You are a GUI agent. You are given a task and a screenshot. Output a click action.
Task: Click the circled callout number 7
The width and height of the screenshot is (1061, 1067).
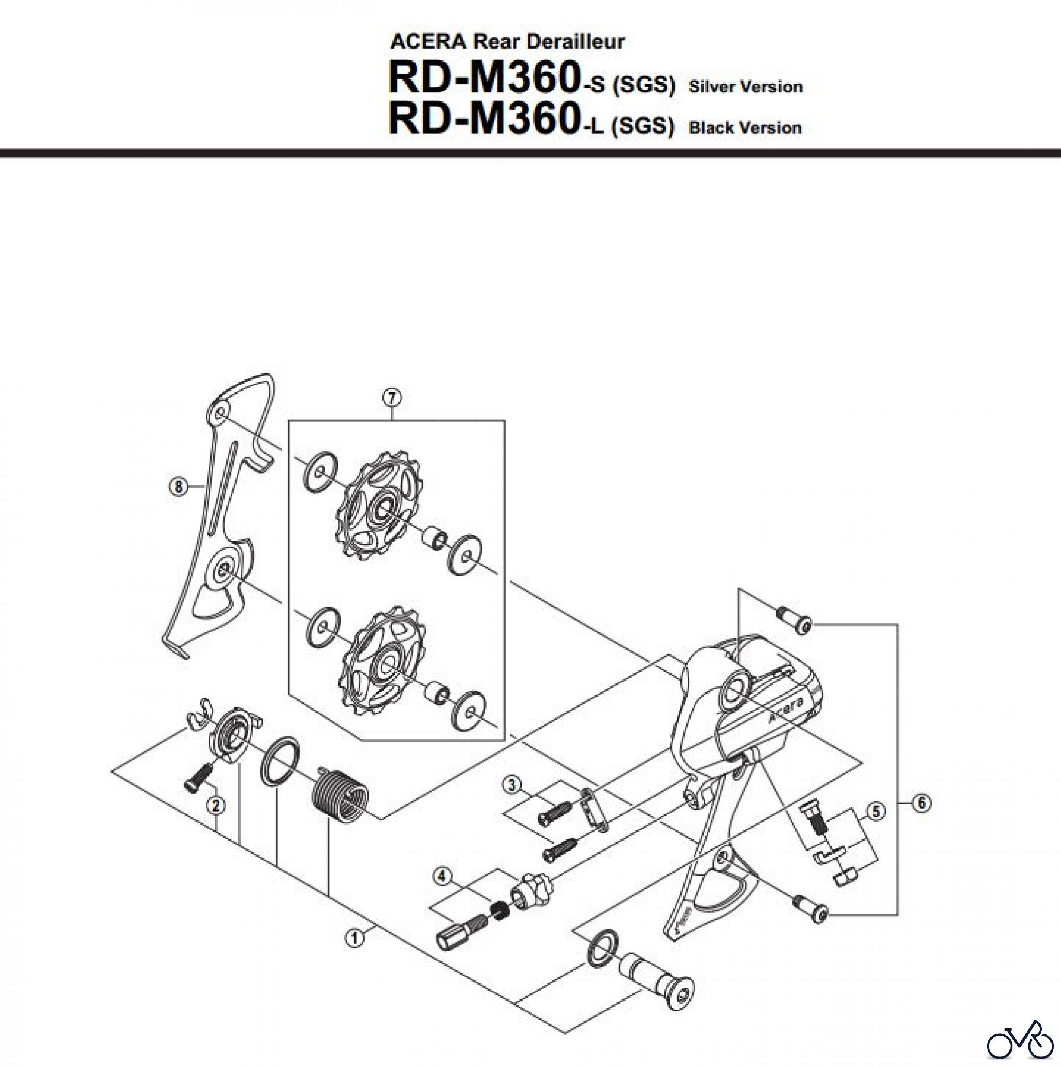click(392, 398)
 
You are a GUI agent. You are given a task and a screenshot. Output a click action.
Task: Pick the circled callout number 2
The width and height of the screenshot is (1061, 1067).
click(215, 804)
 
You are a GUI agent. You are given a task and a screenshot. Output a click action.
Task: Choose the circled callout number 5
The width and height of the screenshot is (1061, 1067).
click(876, 812)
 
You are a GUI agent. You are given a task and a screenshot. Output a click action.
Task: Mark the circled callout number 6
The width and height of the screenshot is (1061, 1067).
click(922, 804)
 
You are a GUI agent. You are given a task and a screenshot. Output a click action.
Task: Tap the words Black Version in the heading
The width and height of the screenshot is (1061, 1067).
click(745, 128)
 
